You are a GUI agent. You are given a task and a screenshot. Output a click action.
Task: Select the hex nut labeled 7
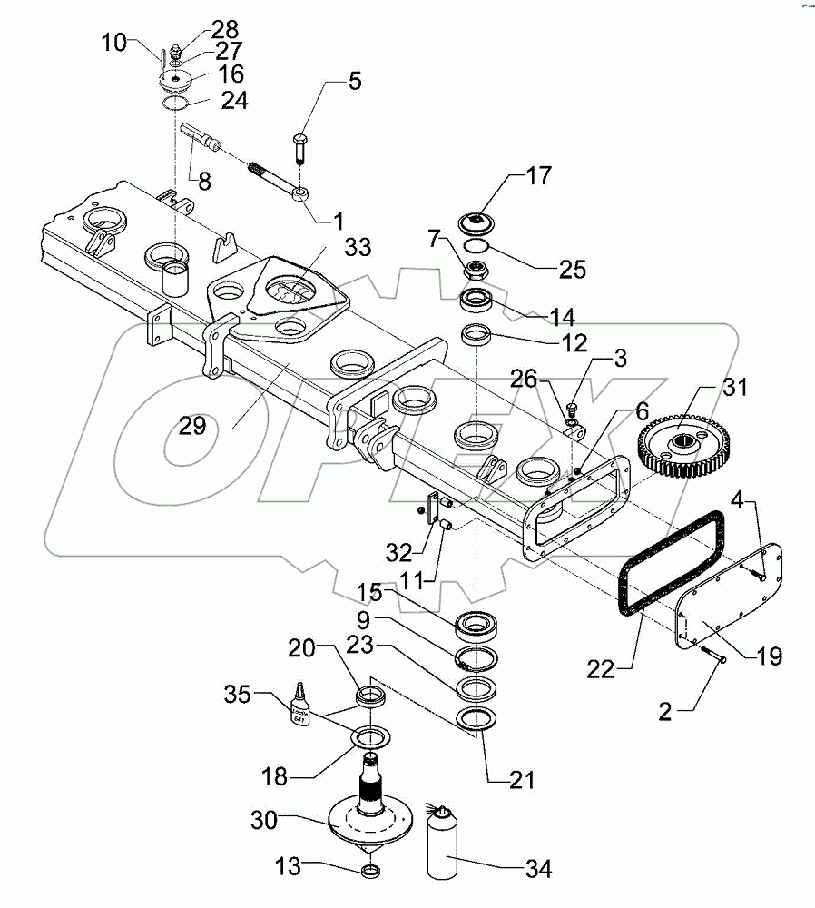[x=474, y=270]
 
